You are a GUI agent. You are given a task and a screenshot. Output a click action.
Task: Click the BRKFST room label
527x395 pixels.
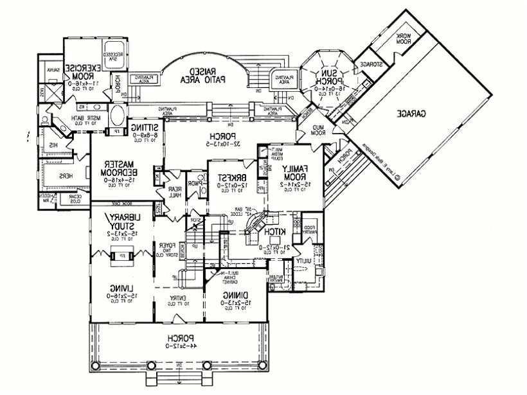228,177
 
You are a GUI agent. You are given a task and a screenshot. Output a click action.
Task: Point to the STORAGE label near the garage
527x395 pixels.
371,65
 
